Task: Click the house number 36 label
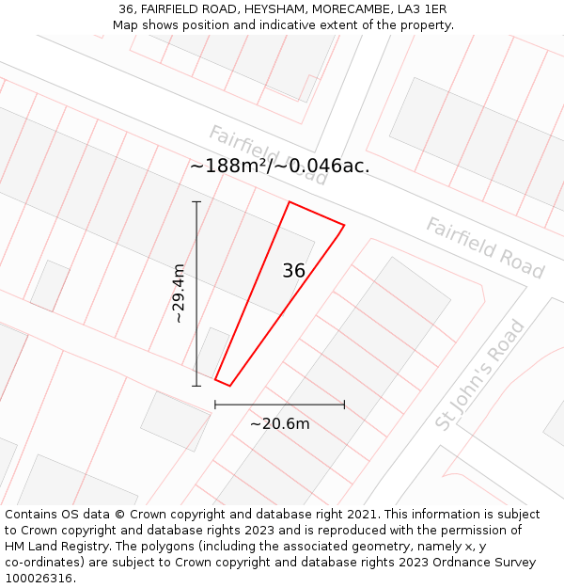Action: [x=293, y=271]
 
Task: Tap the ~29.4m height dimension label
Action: [x=178, y=294]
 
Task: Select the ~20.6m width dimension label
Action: [x=279, y=423]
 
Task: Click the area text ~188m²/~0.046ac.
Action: [x=279, y=167]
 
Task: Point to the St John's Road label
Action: [x=480, y=374]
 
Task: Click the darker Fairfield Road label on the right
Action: [x=485, y=248]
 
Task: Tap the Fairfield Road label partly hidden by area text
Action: [x=268, y=152]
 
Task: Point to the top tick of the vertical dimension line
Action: [x=196, y=202]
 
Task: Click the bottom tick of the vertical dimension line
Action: [x=196, y=386]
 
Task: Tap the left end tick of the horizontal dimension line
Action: [x=215, y=405]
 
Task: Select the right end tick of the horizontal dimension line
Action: [x=344, y=405]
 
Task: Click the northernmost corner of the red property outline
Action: [x=290, y=202]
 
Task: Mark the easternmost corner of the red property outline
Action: [x=344, y=225]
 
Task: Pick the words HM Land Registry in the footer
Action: [x=52, y=546]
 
